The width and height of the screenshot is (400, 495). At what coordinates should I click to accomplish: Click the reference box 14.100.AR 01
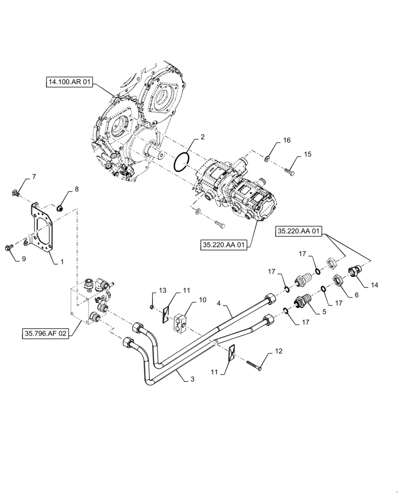(x=69, y=84)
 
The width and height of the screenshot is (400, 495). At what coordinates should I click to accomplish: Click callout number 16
(x=287, y=141)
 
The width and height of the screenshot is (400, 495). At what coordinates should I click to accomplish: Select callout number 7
(x=34, y=177)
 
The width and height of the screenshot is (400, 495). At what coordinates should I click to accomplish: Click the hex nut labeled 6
(x=337, y=281)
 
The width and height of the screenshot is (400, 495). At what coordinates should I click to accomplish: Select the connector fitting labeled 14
(x=355, y=272)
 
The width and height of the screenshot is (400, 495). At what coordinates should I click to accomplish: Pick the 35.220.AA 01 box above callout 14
(x=299, y=231)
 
